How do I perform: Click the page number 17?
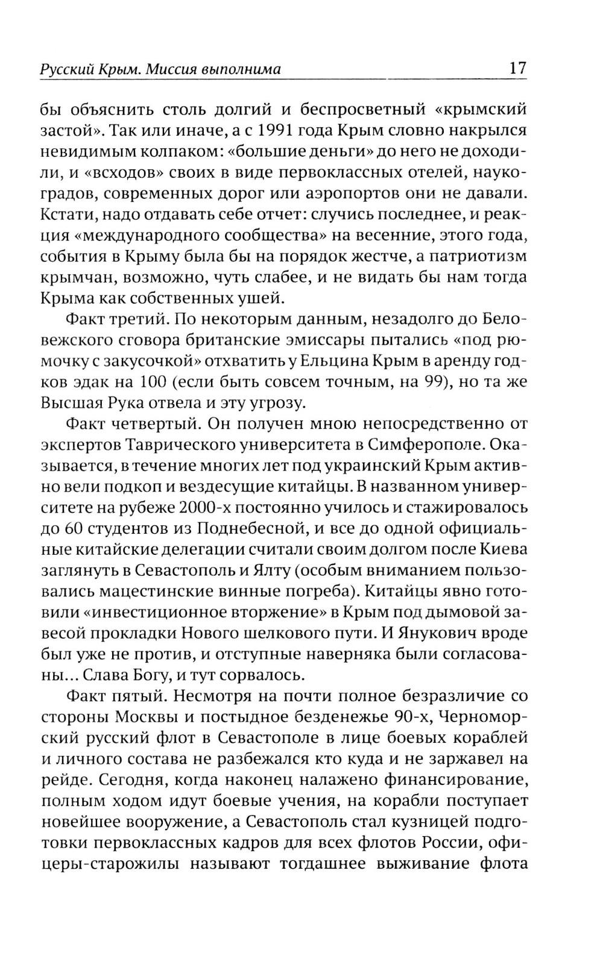click(518, 67)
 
